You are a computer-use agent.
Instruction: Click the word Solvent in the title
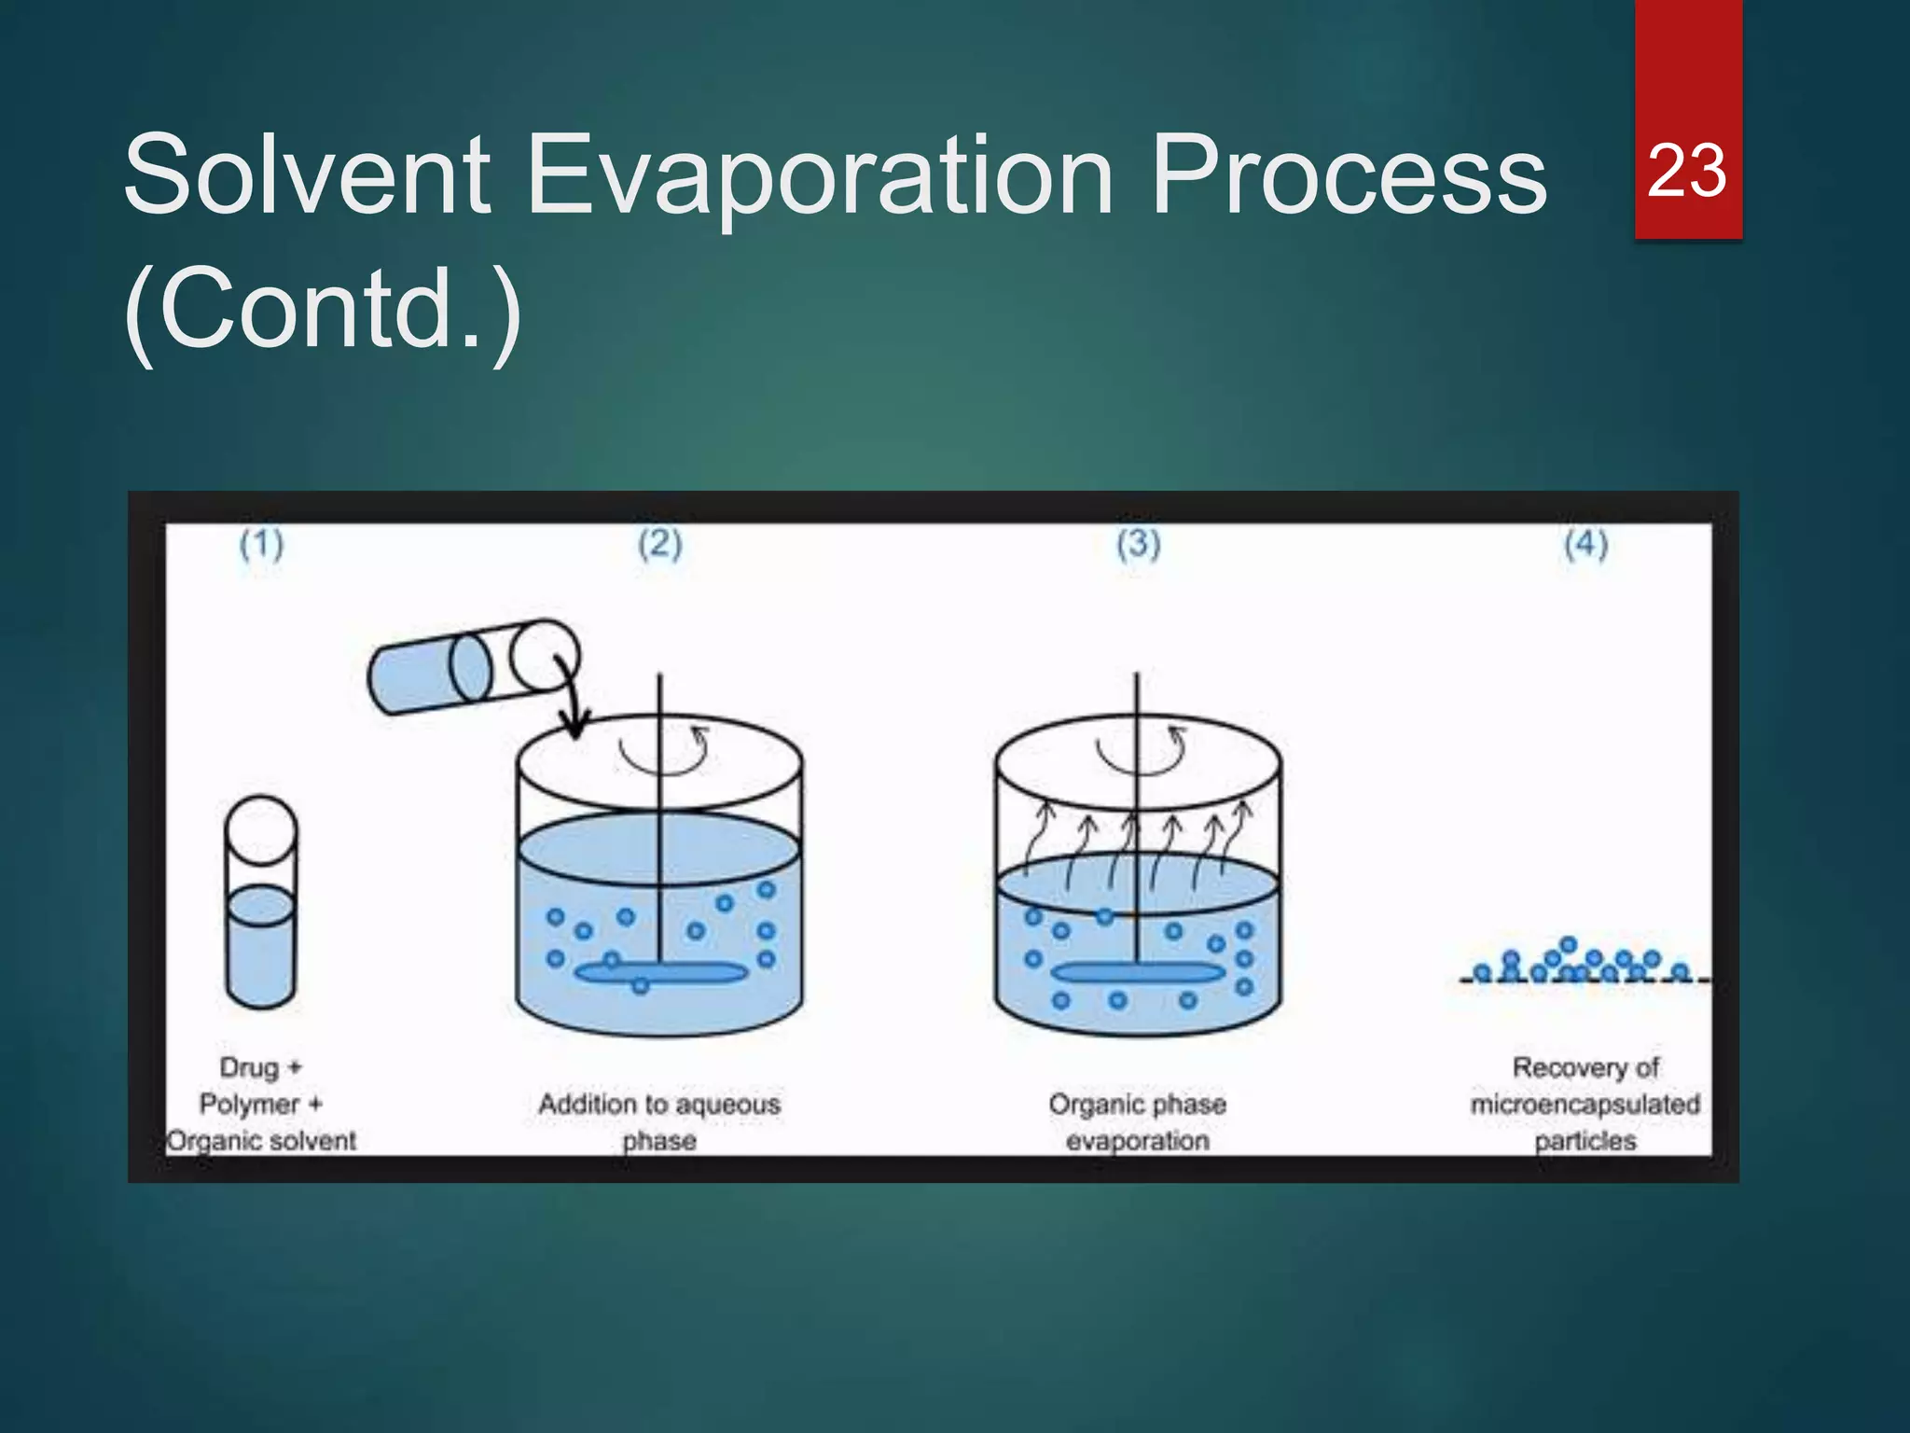click(307, 174)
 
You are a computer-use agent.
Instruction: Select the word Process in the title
click(1349, 174)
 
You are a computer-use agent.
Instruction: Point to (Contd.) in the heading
click(323, 308)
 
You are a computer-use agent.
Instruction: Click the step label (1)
click(261, 544)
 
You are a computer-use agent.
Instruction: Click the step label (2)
click(660, 544)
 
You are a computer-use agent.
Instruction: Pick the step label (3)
click(1139, 544)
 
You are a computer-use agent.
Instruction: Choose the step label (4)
click(1586, 544)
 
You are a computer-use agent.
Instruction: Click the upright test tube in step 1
click(261, 903)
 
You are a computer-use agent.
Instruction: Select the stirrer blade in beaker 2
click(660, 973)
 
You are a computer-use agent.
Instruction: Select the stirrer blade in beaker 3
click(1138, 973)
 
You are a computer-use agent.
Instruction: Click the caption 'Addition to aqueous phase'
click(659, 1121)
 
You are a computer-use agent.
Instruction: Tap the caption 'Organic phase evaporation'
click(1137, 1121)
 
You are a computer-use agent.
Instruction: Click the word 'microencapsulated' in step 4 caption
click(1585, 1105)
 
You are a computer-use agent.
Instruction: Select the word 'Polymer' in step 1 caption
click(249, 1105)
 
